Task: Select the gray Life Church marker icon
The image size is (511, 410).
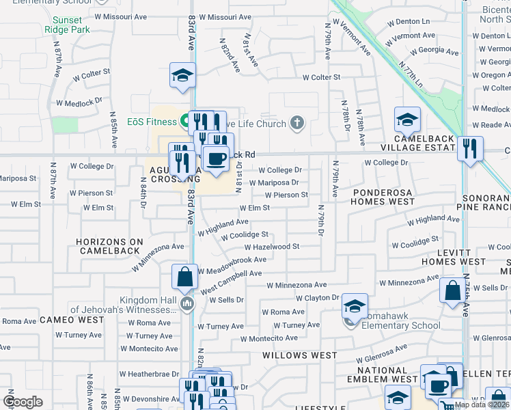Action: [296, 122]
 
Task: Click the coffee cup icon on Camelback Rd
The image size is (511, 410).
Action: [217, 159]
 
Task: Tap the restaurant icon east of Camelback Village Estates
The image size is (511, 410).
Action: [469, 149]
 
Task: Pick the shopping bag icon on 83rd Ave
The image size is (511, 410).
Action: [184, 277]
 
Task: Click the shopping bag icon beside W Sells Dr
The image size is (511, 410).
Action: [452, 290]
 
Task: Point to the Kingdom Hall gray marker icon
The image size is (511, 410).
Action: [187, 304]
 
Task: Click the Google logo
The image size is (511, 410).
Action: [23, 401]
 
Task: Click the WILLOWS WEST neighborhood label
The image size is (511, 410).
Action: [300, 355]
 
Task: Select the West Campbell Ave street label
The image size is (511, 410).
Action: [231, 273]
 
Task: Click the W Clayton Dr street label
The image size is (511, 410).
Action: [317, 298]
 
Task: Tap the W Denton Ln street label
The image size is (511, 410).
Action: [407, 21]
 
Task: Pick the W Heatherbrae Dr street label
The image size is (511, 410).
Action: [148, 374]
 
